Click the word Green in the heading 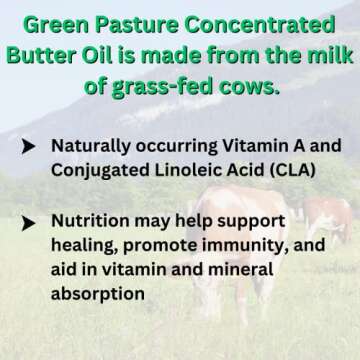click(x=59, y=21)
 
